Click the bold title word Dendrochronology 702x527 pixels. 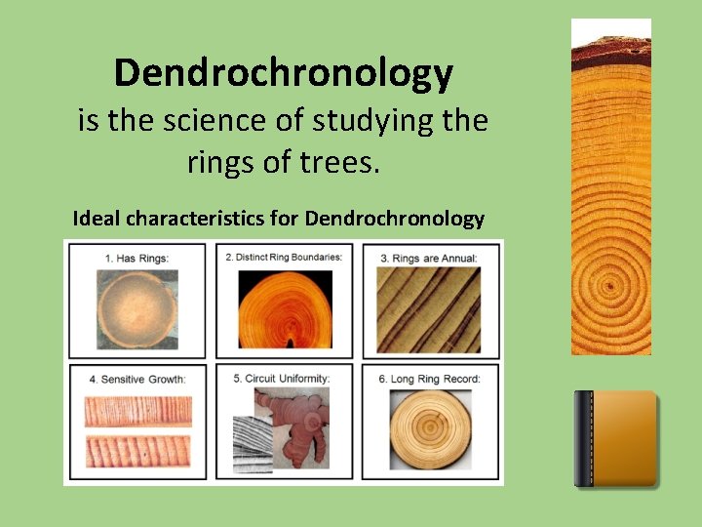283,73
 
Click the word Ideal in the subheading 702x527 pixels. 97,218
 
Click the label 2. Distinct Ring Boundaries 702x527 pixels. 284,257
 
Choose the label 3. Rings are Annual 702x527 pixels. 429,258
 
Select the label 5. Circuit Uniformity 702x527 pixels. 282,378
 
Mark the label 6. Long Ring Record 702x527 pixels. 429,378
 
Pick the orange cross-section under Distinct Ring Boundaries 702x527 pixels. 285,309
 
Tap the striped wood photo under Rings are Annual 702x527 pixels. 429,310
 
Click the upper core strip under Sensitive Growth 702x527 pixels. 137,411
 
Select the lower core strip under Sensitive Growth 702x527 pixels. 137,451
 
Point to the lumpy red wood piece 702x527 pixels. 292,429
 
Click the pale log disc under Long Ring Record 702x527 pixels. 430,429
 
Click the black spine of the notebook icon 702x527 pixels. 584,439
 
